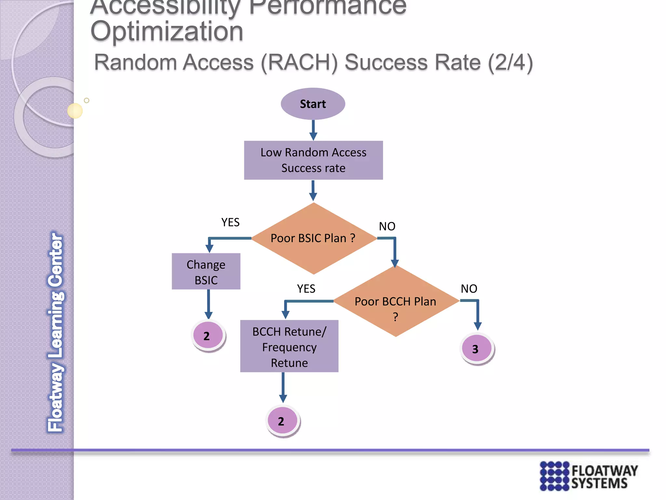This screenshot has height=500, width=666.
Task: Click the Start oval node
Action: [x=313, y=104]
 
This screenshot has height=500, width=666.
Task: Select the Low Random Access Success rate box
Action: [x=313, y=160]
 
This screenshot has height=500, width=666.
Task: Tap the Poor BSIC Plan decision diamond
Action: [x=313, y=238]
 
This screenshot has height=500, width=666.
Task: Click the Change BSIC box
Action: [x=206, y=271]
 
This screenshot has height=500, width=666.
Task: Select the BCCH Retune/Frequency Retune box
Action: [x=289, y=346]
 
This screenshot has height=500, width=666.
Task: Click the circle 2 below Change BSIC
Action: [x=208, y=336]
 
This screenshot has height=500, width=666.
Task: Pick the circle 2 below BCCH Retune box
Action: [x=282, y=421]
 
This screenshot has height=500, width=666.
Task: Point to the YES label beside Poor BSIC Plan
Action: [x=230, y=222]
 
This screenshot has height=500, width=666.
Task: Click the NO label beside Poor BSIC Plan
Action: [x=387, y=226]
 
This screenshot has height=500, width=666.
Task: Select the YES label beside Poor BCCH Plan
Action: [x=306, y=289]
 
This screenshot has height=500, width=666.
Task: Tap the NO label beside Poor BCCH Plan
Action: [x=469, y=289]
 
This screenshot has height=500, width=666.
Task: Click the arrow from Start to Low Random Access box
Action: [x=313, y=130]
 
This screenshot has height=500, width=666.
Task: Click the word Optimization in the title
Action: [x=167, y=32]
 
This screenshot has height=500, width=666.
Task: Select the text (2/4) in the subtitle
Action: [x=510, y=62]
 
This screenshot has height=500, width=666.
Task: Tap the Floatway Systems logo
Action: [x=589, y=476]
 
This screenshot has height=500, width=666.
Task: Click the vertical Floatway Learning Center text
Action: [x=56, y=332]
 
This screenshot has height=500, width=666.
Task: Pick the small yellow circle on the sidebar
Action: [x=75, y=111]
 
